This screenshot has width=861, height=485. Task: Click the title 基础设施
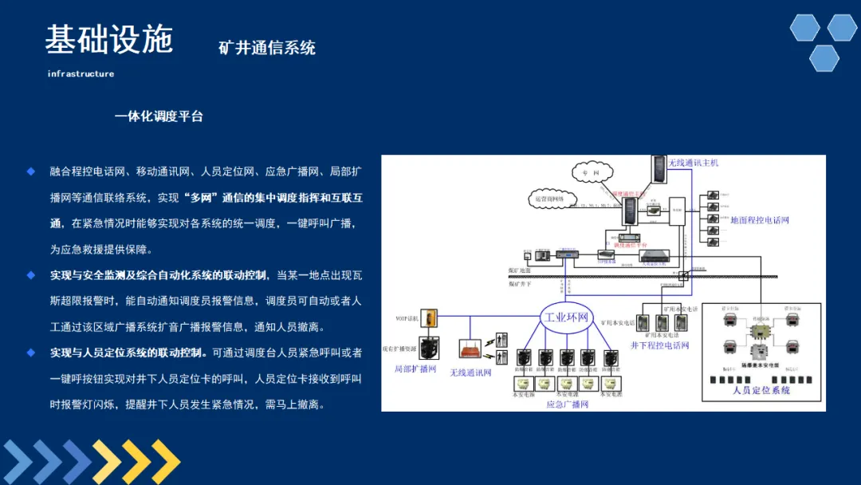pos(108,39)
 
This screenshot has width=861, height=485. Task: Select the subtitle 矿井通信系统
pos(267,48)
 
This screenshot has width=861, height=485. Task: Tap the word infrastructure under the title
pos(81,74)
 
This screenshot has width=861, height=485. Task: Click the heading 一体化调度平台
pos(159,116)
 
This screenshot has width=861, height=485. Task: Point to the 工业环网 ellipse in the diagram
pos(566,317)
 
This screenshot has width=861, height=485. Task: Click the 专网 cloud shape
pos(591,172)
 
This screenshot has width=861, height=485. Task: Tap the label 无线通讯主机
pos(693,163)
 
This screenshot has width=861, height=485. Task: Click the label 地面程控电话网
pos(759,220)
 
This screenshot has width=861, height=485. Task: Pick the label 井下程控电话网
pos(659,345)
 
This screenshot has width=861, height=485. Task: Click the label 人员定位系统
pos(761,391)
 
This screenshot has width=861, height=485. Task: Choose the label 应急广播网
pos(567,404)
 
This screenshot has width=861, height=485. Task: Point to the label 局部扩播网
pos(415,369)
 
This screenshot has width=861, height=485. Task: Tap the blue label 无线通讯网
pos(470,373)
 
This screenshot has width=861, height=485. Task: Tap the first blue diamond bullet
pos(31,171)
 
